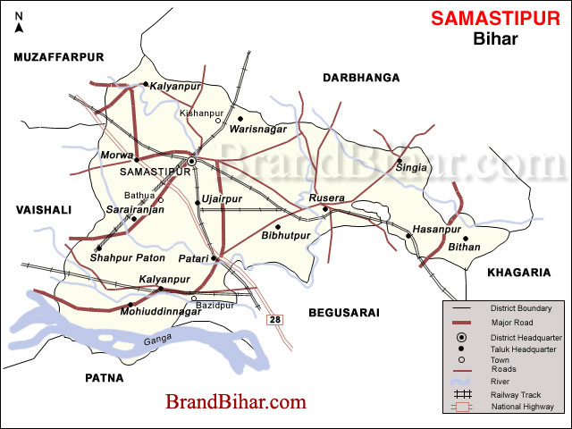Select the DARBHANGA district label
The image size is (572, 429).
(x=360, y=79)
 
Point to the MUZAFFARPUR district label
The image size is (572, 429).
(x=59, y=57)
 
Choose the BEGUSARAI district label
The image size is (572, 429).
(x=344, y=313)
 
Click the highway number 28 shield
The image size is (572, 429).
(x=275, y=319)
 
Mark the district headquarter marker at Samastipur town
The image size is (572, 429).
(x=191, y=162)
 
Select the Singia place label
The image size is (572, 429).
(x=411, y=166)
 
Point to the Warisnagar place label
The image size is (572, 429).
(x=257, y=130)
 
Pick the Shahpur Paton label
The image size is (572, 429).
(x=128, y=258)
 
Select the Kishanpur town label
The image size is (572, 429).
(x=200, y=114)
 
